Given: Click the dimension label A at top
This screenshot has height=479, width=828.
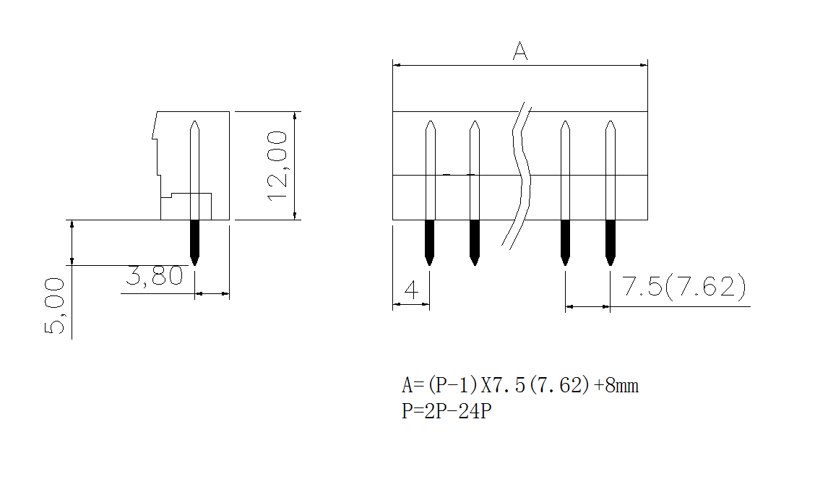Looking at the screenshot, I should pos(520,51).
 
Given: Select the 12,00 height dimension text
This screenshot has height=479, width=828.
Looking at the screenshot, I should pos(278,166).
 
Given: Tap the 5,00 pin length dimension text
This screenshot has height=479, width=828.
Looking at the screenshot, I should pos(55,307).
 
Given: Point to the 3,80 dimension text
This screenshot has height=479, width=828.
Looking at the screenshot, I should pos(155,277).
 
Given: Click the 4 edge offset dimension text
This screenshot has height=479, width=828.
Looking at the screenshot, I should pos(411,290).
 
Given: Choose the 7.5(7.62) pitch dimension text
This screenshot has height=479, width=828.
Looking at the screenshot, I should pos(683,288).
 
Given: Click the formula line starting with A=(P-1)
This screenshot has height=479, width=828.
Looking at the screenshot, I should pos(520,386).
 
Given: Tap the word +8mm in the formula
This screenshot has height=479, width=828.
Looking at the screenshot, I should pos(616,386).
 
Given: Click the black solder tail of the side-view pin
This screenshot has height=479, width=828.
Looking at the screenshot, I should pos(194,241).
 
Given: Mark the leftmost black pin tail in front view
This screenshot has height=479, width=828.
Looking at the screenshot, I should pos(430,241).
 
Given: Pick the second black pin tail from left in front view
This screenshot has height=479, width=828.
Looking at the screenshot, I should pos(475,241).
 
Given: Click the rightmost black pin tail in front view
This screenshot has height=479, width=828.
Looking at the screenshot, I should pos(611,241).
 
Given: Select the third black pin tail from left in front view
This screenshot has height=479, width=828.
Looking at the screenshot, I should pos(566,241).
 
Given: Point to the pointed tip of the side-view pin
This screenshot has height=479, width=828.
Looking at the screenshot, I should pos(194,124).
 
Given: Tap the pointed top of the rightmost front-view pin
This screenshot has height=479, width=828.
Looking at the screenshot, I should pos(611,124).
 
